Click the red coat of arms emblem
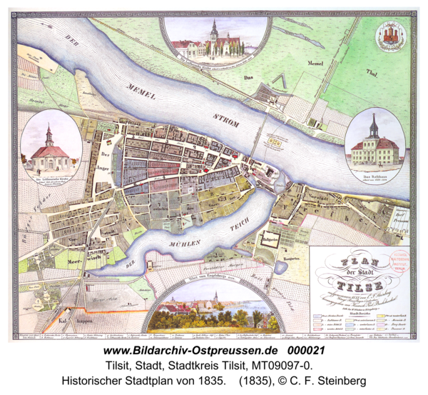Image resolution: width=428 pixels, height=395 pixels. [x=391, y=35]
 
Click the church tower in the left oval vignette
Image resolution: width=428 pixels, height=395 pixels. [x=49, y=134]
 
